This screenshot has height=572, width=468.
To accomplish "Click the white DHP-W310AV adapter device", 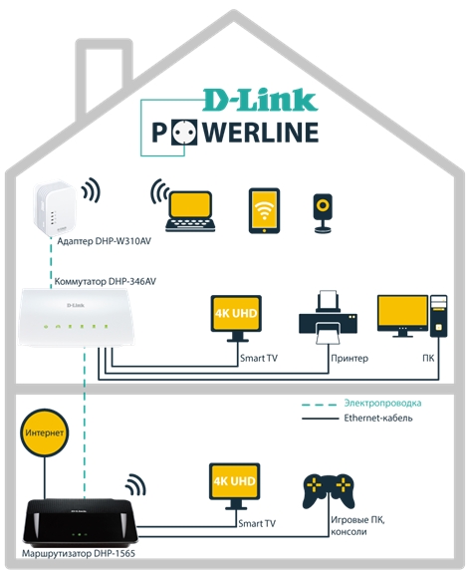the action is pyautogui.click(x=55, y=208).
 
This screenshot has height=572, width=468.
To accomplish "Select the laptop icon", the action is pyautogui.click(x=190, y=211).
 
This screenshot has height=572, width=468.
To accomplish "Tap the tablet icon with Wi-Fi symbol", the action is pyautogui.click(x=264, y=210).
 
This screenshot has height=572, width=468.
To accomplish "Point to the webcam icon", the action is pyautogui.click(x=323, y=213).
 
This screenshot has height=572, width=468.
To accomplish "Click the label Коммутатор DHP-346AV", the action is pyautogui.click(x=105, y=282).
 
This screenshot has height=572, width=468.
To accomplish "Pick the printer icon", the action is pyautogui.click(x=328, y=317).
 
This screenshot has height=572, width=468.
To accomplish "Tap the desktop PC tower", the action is pyautogui.click(x=438, y=316).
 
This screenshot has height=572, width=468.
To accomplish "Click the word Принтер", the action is pyautogui.click(x=350, y=358).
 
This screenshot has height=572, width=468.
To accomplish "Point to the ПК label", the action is pyautogui.click(x=428, y=358).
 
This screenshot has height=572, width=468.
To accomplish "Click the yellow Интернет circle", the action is pyautogui.click(x=45, y=433).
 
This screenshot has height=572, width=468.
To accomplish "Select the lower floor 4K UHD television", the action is pyautogui.click(x=235, y=485).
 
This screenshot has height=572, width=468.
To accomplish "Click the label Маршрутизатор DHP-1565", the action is pyautogui.click(x=79, y=554).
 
